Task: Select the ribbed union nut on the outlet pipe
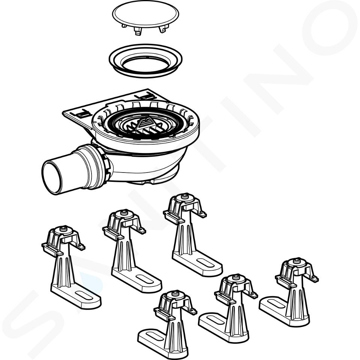point(105,164)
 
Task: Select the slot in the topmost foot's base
point(205,262)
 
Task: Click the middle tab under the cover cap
point(138,33)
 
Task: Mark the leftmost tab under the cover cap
point(124,26)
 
